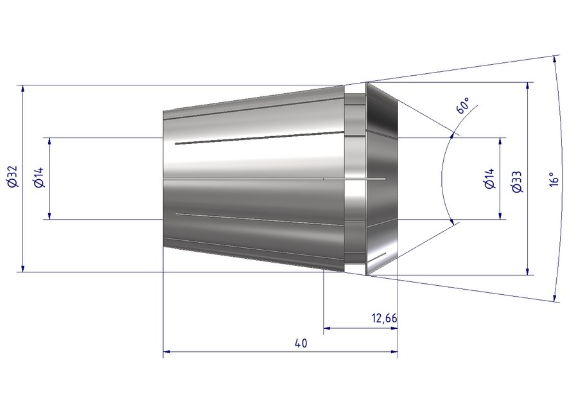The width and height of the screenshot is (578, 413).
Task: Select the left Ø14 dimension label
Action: (x=39, y=177)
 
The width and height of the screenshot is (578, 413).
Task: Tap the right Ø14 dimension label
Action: (x=490, y=179)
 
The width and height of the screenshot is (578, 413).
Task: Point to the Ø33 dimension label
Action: (x=518, y=182)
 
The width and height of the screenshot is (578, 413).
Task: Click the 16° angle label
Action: (x=554, y=179)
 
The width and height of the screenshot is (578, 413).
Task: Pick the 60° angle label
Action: (x=463, y=105)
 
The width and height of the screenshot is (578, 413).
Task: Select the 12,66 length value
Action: (x=385, y=318)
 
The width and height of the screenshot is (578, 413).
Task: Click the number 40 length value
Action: (x=301, y=343)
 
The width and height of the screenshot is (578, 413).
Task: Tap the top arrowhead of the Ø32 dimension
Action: (x=23, y=89)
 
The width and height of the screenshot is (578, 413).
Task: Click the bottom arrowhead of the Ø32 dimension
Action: (x=23, y=268)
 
